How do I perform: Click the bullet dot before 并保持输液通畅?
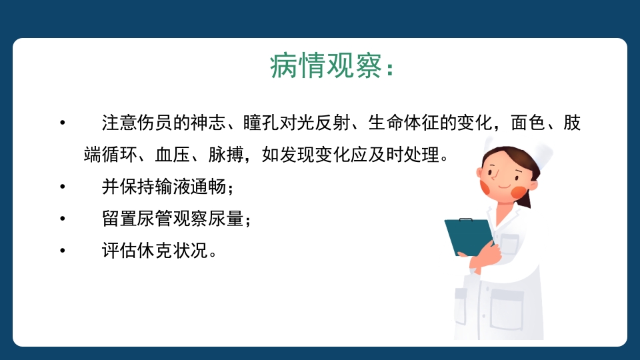click(x=63, y=187)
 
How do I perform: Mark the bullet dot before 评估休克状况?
click(x=63, y=251)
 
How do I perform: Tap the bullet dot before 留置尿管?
click(x=63, y=219)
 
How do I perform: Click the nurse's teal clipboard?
click(x=469, y=237)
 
